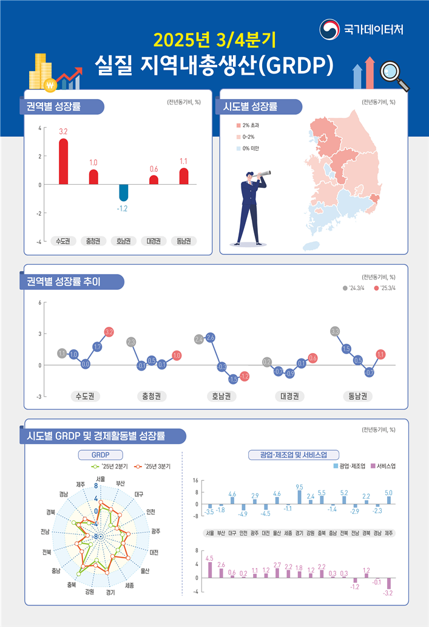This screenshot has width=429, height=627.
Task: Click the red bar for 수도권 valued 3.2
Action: click(63, 162)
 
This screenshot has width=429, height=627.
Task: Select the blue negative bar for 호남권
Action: click(123, 193)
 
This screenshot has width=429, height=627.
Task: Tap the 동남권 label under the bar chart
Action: click(183, 241)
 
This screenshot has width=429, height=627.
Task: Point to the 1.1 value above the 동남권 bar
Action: click(184, 161)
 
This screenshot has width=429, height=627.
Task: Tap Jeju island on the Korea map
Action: click(311, 245)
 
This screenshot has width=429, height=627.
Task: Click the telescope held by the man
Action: click(263, 174)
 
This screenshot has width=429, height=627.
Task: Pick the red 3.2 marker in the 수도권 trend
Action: click(109, 332)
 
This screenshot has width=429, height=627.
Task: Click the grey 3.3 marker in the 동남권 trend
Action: click(335, 331)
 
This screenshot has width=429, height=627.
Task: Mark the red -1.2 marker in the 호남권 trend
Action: click(245, 377)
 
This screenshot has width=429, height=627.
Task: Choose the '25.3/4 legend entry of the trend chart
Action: click(385, 287)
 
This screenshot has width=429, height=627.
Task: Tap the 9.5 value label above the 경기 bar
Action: click(299, 487)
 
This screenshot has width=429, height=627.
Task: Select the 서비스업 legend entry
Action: click(382, 467)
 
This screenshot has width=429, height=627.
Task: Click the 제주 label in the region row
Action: click(389, 533)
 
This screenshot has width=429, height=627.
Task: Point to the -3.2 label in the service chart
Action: click(389, 593)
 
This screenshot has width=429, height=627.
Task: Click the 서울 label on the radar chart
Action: click(101, 479)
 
